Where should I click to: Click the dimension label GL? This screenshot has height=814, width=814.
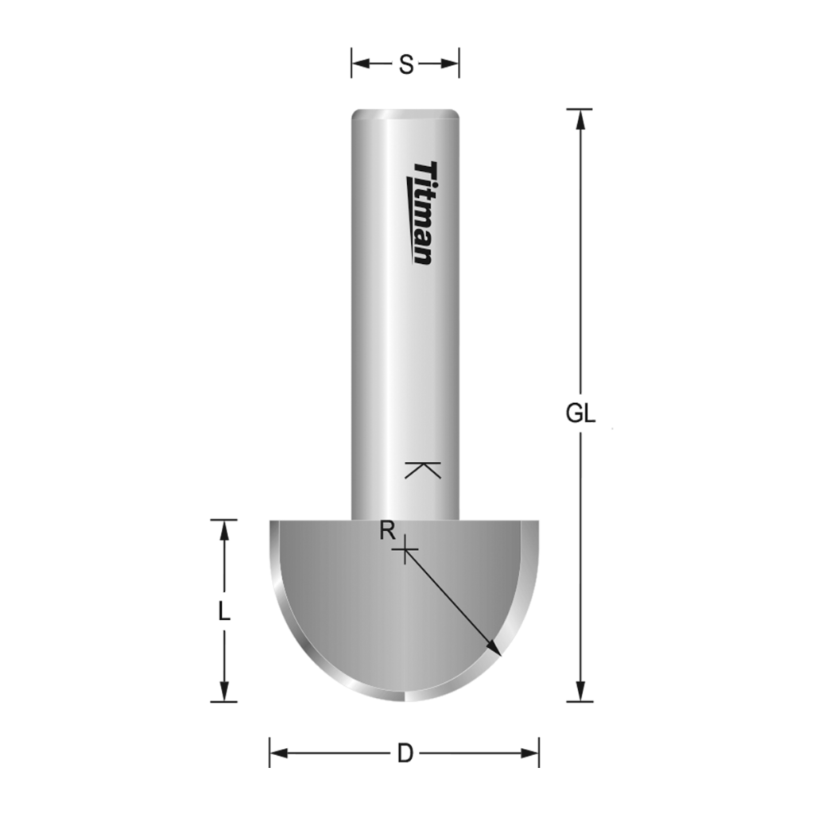pyautogui.click(x=580, y=414)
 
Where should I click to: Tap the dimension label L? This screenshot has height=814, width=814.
pyautogui.click(x=224, y=611)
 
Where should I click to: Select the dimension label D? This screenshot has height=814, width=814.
pyautogui.click(x=405, y=754)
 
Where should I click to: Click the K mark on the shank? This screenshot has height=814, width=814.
pyautogui.click(x=422, y=469)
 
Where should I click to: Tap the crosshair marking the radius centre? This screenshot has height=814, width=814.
pyautogui.click(x=405, y=550)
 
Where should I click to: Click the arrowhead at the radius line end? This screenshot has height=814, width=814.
pyautogui.click(x=495, y=649)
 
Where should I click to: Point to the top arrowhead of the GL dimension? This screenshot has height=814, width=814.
pyautogui.click(x=580, y=118)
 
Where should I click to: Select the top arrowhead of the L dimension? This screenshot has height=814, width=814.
pyautogui.click(x=224, y=530)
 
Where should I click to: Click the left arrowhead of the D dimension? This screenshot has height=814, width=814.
pyautogui.click(x=280, y=752)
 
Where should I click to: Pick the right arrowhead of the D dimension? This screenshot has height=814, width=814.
pyautogui.click(x=529, y=752)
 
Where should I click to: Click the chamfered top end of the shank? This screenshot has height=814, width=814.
pyautogui.click(x=405, y=114)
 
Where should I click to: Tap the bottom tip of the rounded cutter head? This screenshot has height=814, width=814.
pyautogui.click(x=405, y=699)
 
